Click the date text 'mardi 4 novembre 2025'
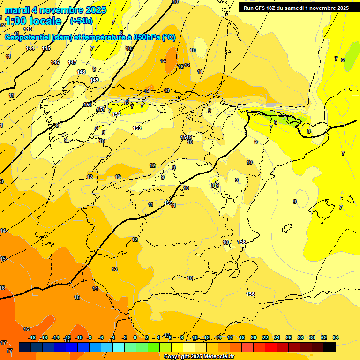pos(55,10)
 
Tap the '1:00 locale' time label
pos(33,21)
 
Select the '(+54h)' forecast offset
pos(81,21)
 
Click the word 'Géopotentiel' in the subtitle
pos(27,37)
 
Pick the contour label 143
pos(28,43)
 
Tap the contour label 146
pos(55,62)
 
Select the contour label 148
pos(81,72)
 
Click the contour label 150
pos(88,105)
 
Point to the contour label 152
pos(117,114)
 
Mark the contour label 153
pos(137,128)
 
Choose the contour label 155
pos(168,202)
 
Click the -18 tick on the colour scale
pos(32,337)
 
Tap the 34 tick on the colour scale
pos(336,337)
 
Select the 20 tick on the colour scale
pos(254,337)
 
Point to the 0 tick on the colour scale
pos(135,337)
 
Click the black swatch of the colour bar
pos(330,347)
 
